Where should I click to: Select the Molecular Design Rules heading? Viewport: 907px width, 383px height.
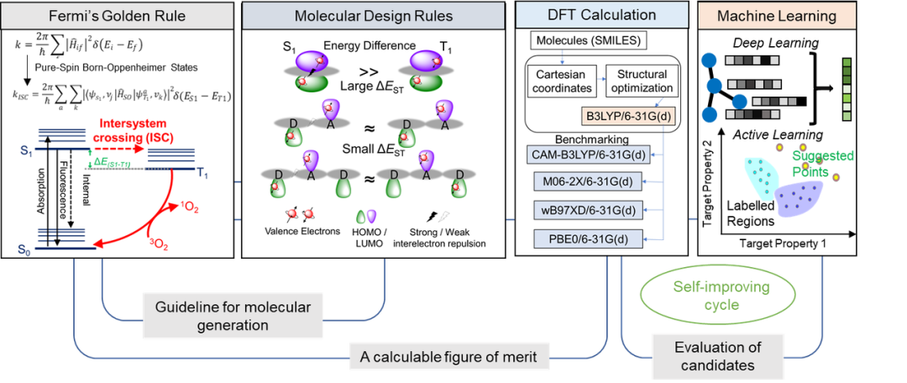375,16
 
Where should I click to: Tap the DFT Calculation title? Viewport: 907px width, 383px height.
597,14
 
